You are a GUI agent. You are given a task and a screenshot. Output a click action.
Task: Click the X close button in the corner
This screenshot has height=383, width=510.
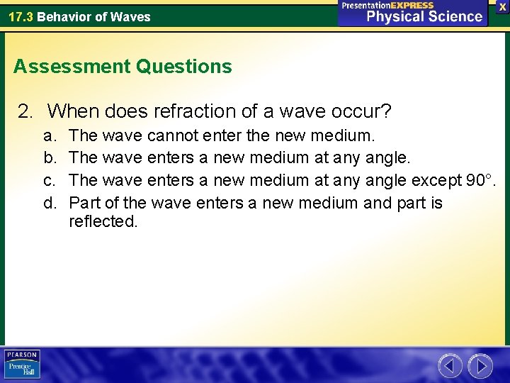pyautogui.click(x=502, y=6)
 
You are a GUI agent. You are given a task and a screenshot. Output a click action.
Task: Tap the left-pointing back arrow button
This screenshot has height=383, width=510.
pyautogui.click(x=450, y=366)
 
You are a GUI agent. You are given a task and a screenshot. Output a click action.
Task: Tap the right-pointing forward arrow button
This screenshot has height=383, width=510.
pyautogui.click(x=481, y=366)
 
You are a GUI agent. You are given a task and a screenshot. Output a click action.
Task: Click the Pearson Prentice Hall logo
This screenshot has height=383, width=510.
pyautogui.click(x=22, y=364)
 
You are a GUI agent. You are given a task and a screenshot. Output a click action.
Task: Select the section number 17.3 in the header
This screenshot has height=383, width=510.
pyautogui.click(x=21, y=16)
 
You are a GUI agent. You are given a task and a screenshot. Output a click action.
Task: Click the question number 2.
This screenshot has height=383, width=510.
pyautogui.click(x=25, y=111)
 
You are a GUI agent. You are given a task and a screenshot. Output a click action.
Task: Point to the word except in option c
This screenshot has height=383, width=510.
pyautogui.click(x=436, y=180)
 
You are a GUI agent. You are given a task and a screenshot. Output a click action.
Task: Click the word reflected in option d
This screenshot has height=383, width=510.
pyautogui.click(x=103, y=221)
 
